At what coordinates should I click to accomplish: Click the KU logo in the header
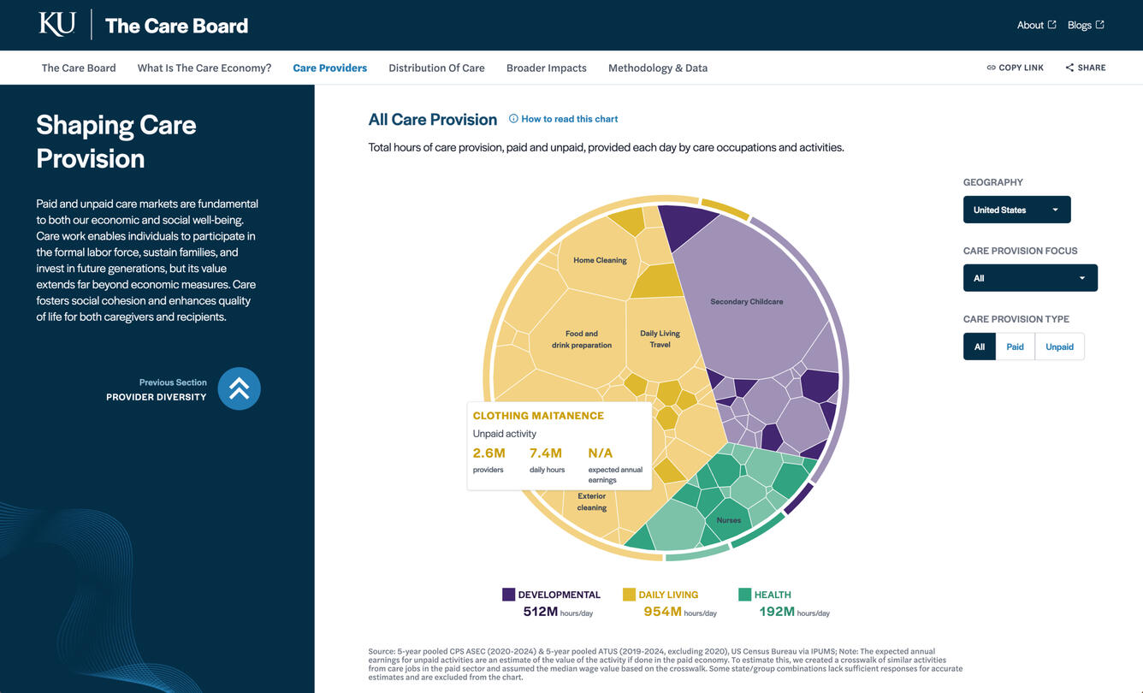[x=57, y=24]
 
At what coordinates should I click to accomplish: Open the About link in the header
[x=1036, y=25]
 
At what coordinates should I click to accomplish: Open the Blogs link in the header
[x=1086, y=25]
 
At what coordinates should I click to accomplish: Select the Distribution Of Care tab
[x=436, y=68]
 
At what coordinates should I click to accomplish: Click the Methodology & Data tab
[x=657, y=68]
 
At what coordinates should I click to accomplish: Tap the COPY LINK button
[x=1015, y=68]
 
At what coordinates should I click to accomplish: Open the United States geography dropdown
[x=1016, y=210]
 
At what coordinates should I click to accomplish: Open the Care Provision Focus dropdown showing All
[x=1030, y=278]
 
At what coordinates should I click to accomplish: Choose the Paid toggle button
[x=1015, y=346]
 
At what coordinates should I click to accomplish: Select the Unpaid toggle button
[x=1059, y=346]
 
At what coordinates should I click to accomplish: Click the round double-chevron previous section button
[x=239, y=388]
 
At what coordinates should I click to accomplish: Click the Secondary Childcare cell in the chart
[x=746, y=301]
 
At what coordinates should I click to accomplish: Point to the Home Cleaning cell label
[x=600, y=260]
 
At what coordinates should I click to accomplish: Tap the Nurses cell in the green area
[x=728, y=520]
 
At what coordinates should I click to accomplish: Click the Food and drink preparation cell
[x=582, y=340]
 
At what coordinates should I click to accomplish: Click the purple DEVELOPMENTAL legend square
[x=508, y=595]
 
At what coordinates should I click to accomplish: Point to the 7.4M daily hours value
[x=545, y=453]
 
